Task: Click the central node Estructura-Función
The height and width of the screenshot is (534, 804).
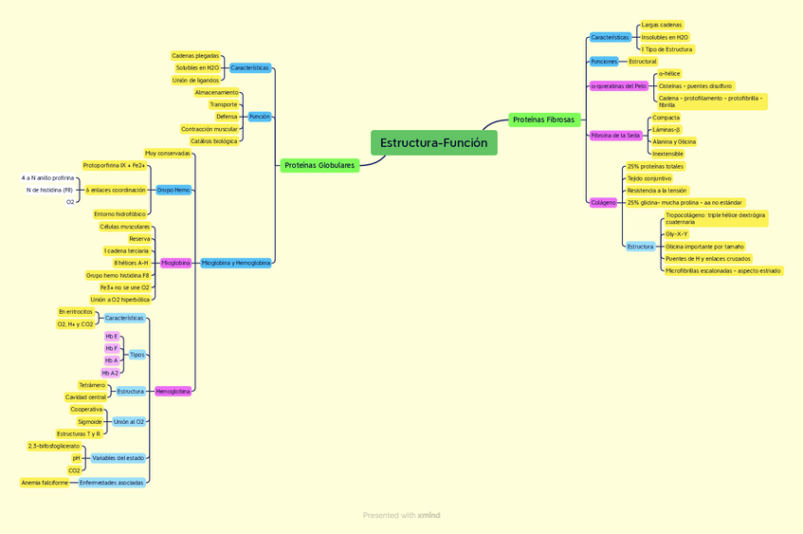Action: [x=433, y=143]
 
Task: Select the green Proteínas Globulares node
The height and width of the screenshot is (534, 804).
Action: [x=319, y=165]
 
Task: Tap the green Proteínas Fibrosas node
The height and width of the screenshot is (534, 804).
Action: [x=543, y=120]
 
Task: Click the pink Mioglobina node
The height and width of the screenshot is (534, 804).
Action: [x=175, y=263]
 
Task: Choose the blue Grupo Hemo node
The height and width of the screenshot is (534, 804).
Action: [x=174, y=190]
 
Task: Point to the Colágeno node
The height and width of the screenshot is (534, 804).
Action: [x=603, y=202]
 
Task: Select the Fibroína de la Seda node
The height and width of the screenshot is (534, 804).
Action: [x=615, y=136]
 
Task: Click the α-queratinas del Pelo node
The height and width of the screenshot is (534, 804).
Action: [x=618, y=86]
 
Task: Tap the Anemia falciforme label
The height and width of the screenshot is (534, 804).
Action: [x=45, y=483]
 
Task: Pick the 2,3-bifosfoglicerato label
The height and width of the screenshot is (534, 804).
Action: [x=54, y=446]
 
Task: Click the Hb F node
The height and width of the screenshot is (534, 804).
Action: [x=112, y=348]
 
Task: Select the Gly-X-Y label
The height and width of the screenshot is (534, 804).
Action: [x=677, y=233]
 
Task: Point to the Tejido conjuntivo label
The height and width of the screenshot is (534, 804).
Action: [x=649, y=178]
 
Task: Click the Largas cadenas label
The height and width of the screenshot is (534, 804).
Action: [x=662, y=25]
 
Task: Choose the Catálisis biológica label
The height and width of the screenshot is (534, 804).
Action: [x=213, y=141]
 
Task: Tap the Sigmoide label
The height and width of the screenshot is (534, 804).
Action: [x=89, y=422]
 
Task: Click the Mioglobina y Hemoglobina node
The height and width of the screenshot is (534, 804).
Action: [x=235, y=263]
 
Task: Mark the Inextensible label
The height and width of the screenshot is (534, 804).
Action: [x=667, y=154]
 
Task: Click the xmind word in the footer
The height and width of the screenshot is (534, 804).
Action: [x=429, y=516]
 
